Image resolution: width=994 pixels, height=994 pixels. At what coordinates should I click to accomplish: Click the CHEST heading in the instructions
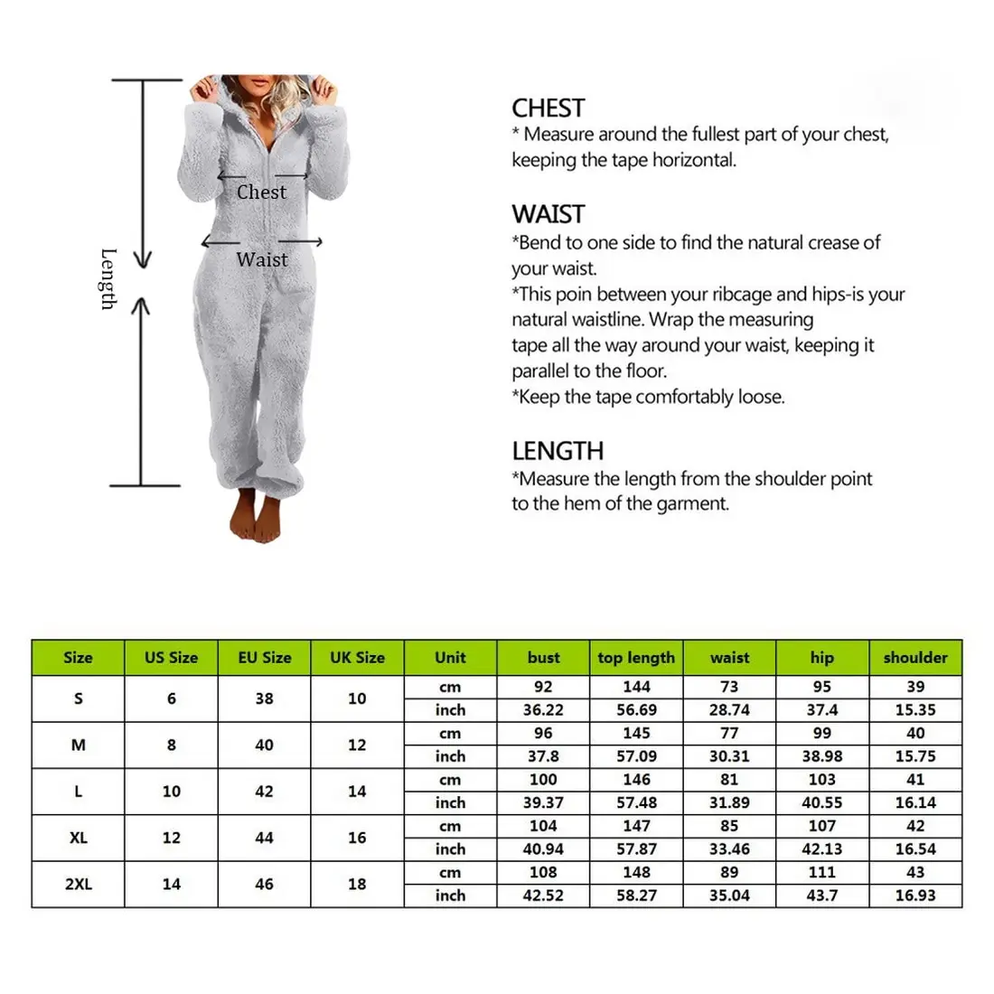pos(548,108)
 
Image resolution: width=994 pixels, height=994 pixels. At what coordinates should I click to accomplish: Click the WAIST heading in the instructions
pos(549,214)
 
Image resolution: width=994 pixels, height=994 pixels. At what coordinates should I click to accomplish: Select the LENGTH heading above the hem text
pos(558,451)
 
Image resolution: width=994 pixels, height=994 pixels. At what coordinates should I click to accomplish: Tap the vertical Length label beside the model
pos(108,278)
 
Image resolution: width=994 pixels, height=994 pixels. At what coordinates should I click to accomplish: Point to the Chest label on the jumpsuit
pos(261,192)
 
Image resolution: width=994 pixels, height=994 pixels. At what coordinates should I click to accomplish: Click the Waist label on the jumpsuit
pos(262,259)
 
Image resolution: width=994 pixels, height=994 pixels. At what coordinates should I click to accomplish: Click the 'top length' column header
pos(636,658)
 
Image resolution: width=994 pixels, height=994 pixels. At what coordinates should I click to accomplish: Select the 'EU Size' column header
pos(264,658)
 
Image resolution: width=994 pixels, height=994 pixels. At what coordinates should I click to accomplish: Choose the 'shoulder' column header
pos(915,658)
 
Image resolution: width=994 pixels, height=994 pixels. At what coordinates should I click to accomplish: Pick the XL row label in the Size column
pos(79,838)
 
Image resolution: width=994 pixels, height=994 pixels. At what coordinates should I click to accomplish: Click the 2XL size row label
pos(79,884)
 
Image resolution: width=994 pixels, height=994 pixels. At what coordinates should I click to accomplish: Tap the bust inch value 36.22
pos(543,710)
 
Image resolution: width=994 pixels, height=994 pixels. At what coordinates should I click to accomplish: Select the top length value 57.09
pos(636,756)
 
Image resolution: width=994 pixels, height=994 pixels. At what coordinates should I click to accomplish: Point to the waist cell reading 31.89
pos(729,802)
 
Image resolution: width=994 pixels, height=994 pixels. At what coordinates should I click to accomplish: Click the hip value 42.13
pos(822,849)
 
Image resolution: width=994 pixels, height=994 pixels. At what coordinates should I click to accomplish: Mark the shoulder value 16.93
pos(915,896)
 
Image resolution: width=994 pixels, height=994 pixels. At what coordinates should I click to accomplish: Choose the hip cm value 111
pos(822,872)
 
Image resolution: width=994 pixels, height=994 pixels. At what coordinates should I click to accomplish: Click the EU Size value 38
pos(264,699)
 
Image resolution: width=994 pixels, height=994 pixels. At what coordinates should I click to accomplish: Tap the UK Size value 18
pos(357,884)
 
